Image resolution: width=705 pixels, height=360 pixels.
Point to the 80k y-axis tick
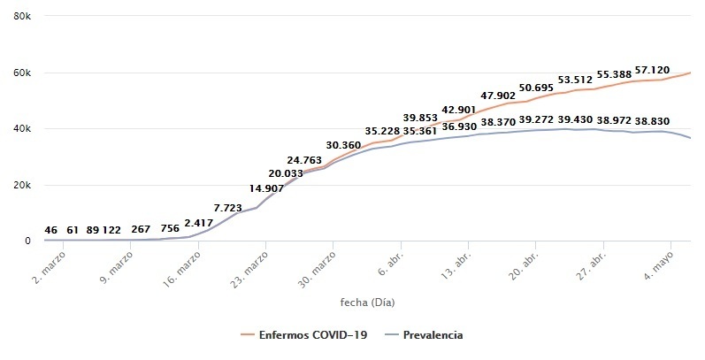tap(22, 16)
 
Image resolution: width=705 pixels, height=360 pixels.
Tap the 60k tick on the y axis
tap(22, 73)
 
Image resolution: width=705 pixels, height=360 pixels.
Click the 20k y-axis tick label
tap(22, 185)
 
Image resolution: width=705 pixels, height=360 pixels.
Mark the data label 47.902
tap(498, 96)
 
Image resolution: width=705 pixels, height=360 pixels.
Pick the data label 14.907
tap(266, 188)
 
